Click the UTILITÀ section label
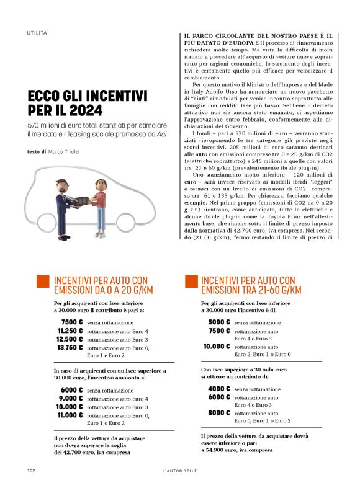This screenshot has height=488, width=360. tap(37, 32)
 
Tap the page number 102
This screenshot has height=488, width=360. tap(31, 471)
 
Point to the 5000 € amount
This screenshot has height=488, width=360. tap(218, 322)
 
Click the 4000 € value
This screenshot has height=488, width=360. tap(218, 389)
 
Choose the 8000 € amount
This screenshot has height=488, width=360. tap(218, 413)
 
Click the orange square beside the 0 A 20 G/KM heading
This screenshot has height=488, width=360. tap(43, 282)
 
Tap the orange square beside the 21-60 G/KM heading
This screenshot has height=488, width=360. tap(191, 282)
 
